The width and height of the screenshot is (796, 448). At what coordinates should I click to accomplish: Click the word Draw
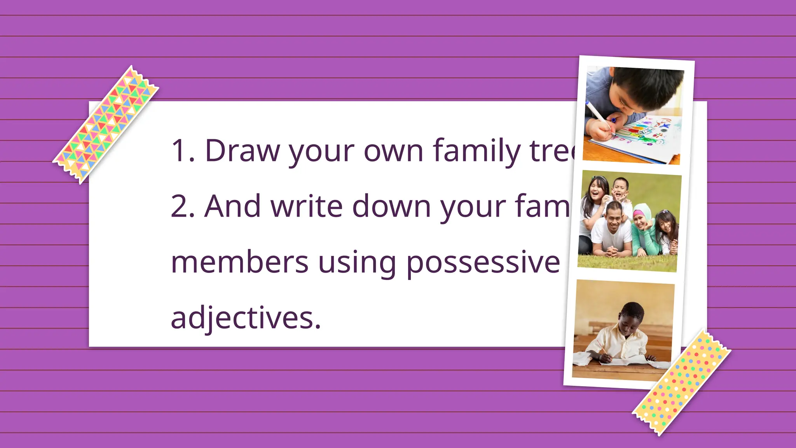[242, 150]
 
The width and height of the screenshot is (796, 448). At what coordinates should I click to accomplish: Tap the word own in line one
[393, 151]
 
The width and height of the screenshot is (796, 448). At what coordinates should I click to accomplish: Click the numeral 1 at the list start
[180, 150]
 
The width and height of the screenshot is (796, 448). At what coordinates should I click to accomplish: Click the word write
[307, 206]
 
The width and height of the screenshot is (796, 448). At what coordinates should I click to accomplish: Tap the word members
[240, 262]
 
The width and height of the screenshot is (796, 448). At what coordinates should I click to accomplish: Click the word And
[232, 206]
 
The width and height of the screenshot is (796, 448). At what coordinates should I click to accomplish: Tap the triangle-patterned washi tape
[106, 124]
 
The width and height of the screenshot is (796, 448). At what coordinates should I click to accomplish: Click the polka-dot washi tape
[682, 383]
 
